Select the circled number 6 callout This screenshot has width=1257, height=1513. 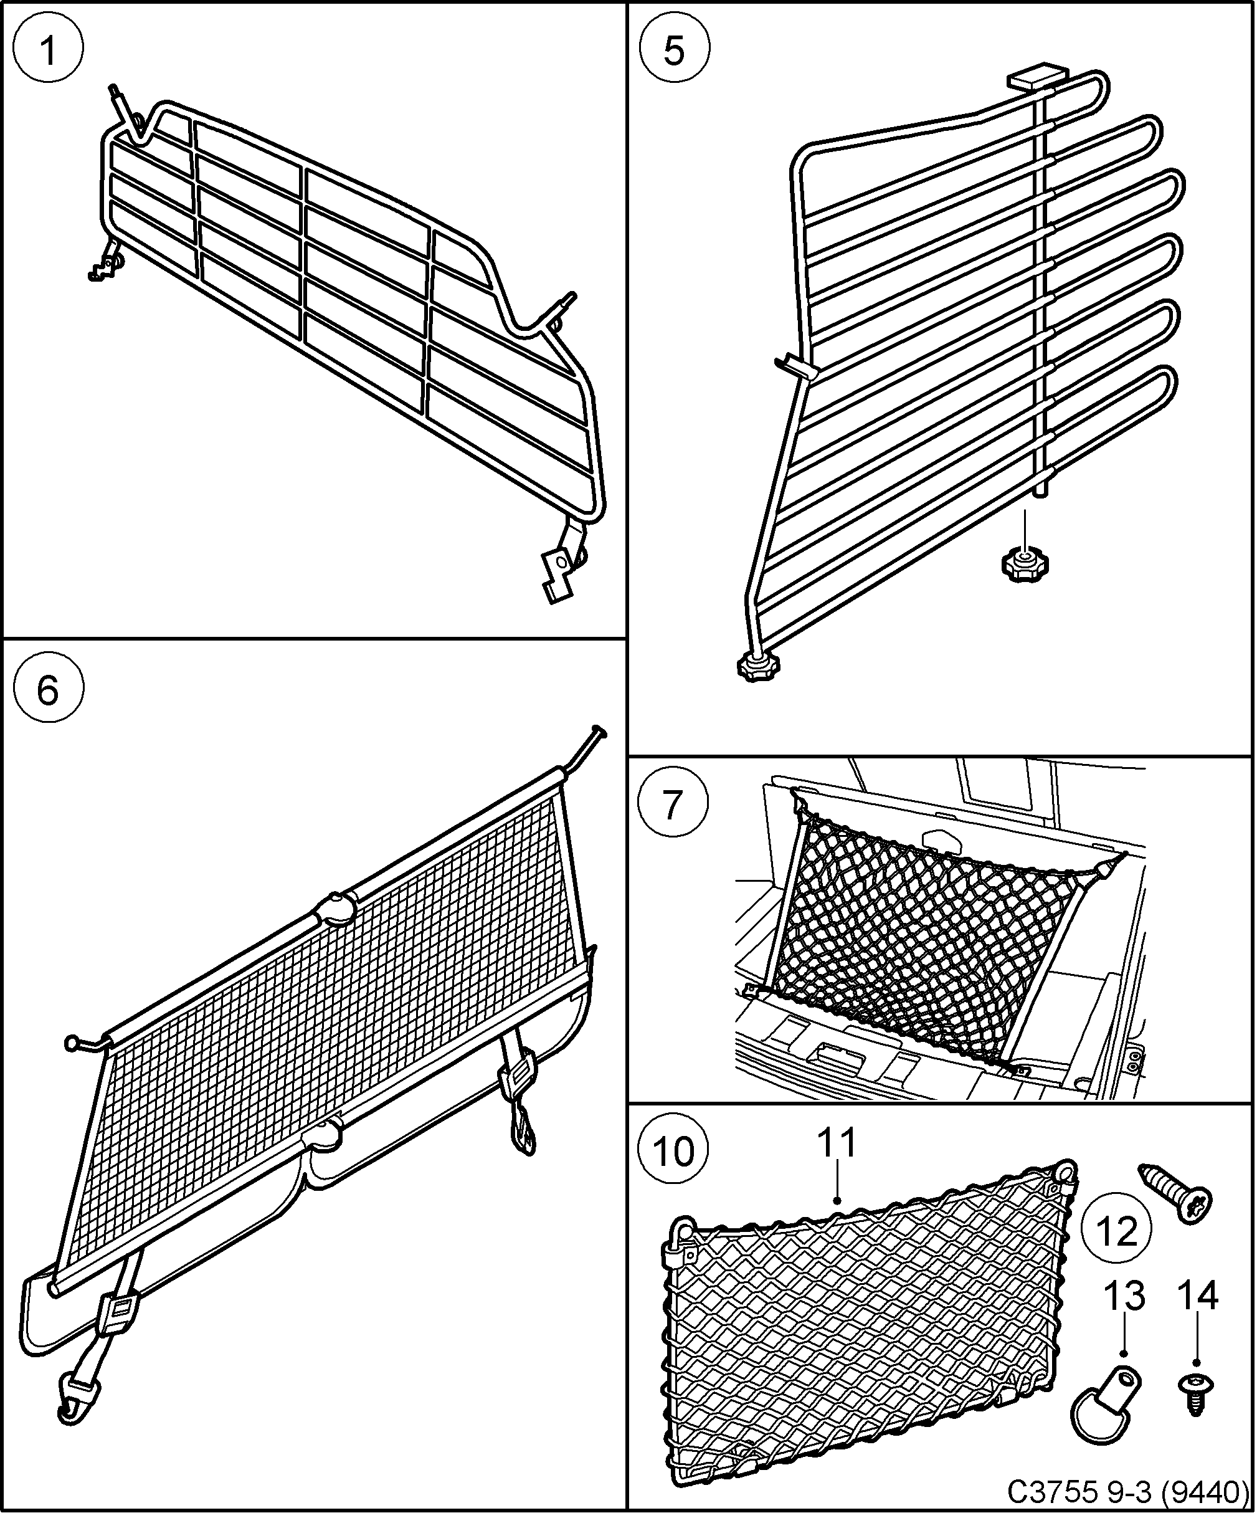pos(48,691)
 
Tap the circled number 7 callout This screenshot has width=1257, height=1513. pos(672,804)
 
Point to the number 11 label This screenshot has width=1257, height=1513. pos(838,1143)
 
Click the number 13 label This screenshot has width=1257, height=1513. pos(1124,1296)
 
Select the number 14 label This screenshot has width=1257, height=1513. pos(1197,1296)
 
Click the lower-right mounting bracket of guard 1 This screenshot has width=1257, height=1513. pos(559,576)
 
